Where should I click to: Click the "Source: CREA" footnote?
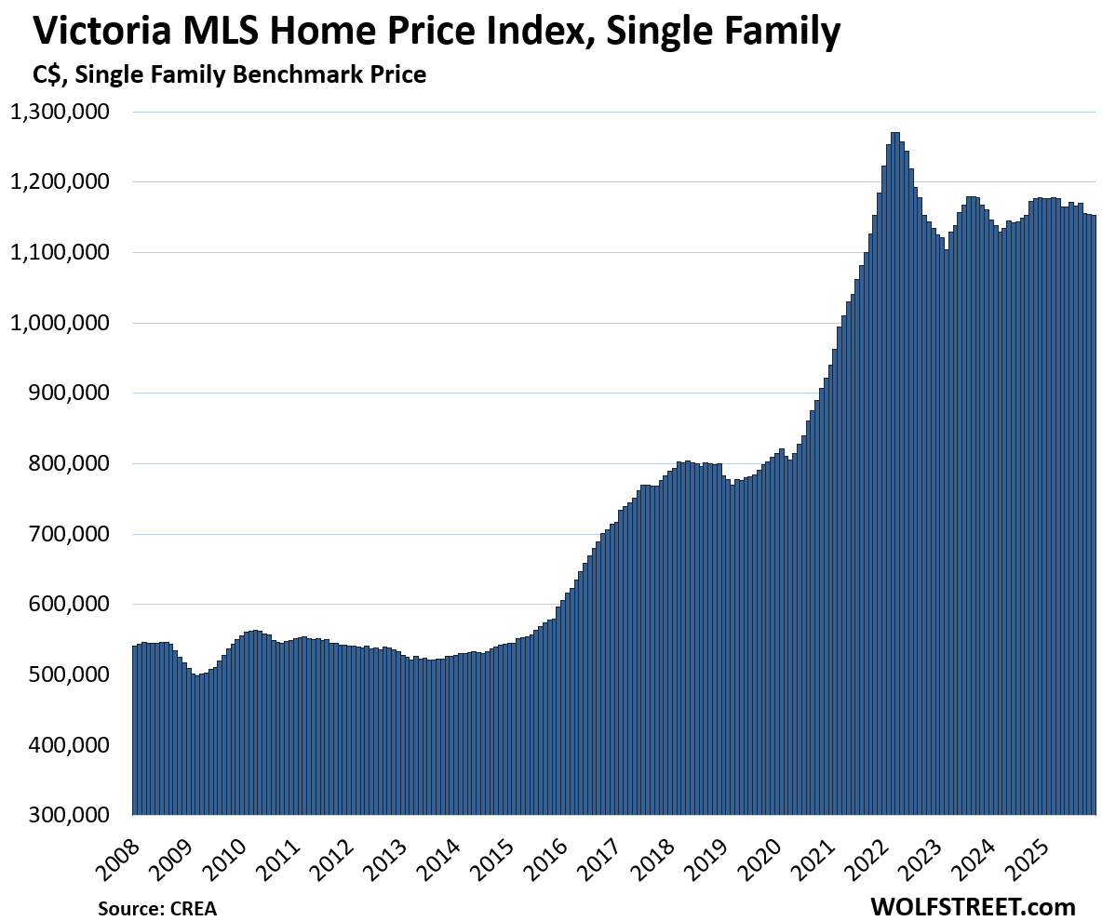tap(157, 908)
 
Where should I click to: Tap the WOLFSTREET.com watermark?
tap(972, 906)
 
